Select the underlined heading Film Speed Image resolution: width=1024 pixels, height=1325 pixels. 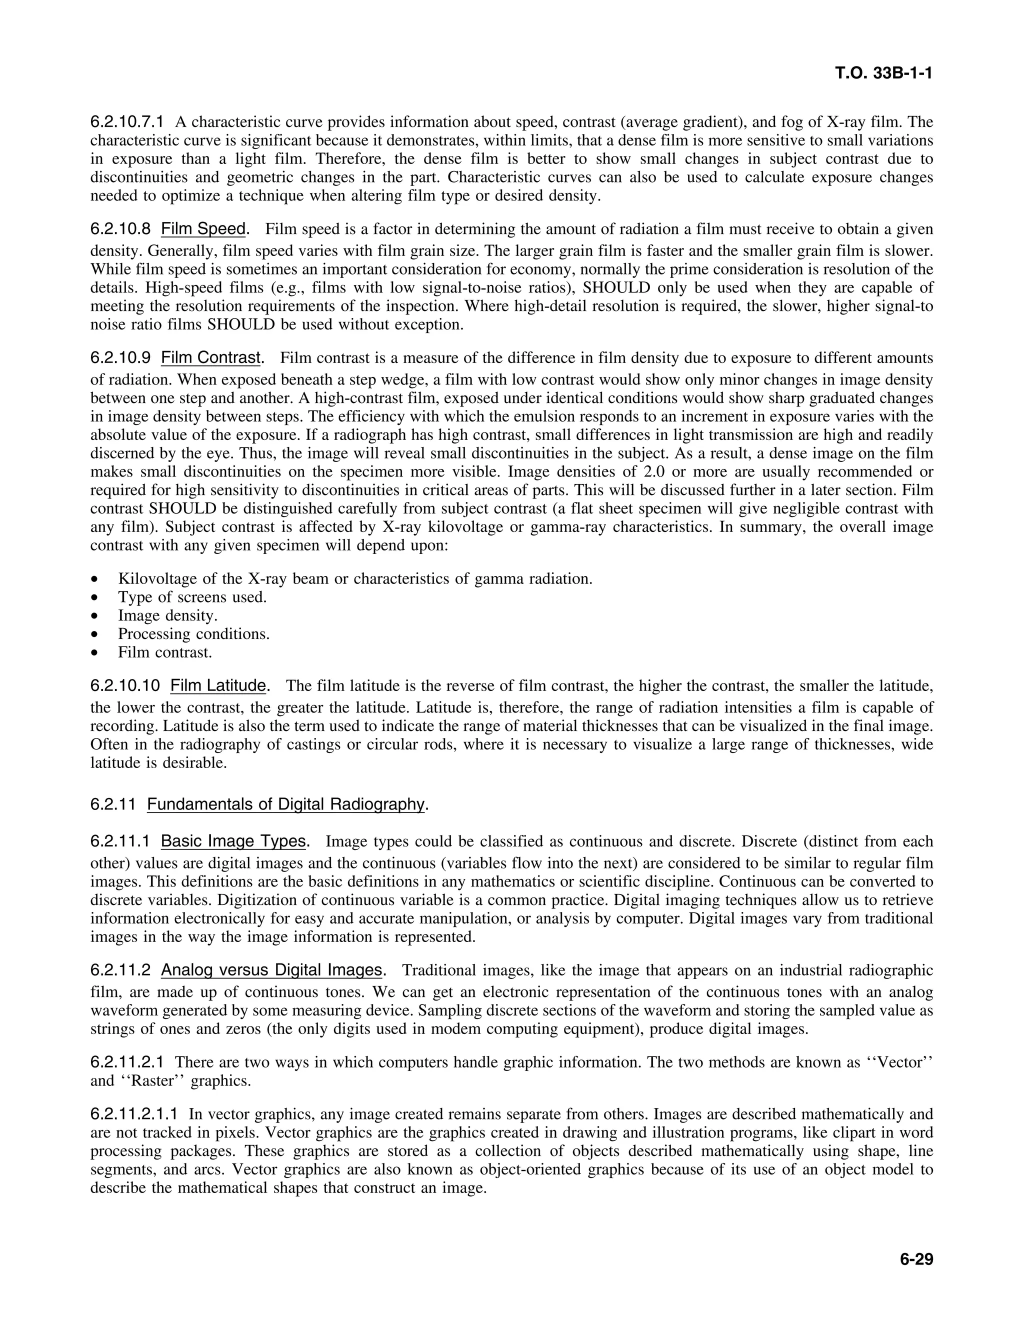tap(202, 229)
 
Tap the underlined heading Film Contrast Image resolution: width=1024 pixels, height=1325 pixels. tap(210, 358)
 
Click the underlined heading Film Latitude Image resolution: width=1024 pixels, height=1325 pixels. tap(218, 685)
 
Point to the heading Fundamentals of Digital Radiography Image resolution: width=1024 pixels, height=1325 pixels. tap(285, 804)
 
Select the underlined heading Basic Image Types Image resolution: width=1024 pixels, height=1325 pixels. tap(233, 841)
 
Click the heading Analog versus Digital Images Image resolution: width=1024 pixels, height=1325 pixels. tap(271, 970)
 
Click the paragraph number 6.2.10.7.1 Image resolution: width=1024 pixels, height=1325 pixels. tap(127, 122)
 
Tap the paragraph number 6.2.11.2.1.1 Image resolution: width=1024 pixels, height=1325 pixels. tap(134, 1114)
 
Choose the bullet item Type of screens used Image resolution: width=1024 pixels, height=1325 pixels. tap(192, 597)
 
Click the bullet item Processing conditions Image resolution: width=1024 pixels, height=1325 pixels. tap(193, 634)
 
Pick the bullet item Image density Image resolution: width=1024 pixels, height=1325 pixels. tap(167, 616)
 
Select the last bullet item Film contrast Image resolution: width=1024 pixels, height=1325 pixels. tap(165, 653)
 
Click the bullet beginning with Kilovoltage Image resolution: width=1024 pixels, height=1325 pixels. tap(355, 579)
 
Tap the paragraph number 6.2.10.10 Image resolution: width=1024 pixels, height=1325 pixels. tap(125, 685)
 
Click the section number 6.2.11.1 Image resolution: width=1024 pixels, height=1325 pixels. tap(119, 841)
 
